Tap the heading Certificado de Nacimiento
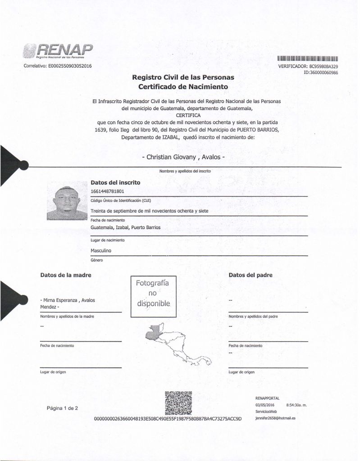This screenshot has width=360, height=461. [183, 86]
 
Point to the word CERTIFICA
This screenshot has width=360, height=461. [186, 115]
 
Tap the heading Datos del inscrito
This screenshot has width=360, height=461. [116, 183]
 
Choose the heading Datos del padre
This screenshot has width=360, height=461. [251, 275]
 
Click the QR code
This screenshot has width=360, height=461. [179, 402]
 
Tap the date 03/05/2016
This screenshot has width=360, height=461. [264, 405]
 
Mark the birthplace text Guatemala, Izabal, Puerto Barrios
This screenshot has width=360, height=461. [125, 228]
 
